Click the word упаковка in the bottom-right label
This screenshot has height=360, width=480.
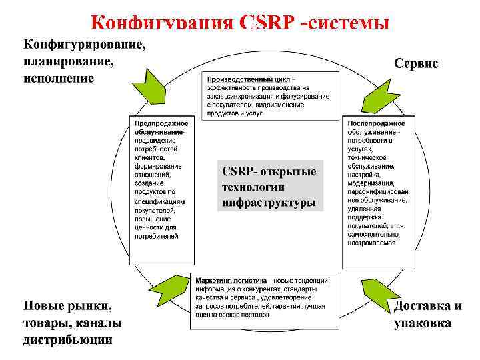(422, 323)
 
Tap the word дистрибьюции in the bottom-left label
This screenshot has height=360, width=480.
(68, 340)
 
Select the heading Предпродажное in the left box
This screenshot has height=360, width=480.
(161, 123)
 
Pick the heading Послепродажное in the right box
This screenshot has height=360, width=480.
(376, 123)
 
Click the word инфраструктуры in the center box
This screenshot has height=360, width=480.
(269, 201)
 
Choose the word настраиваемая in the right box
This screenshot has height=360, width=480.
(371, 243)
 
